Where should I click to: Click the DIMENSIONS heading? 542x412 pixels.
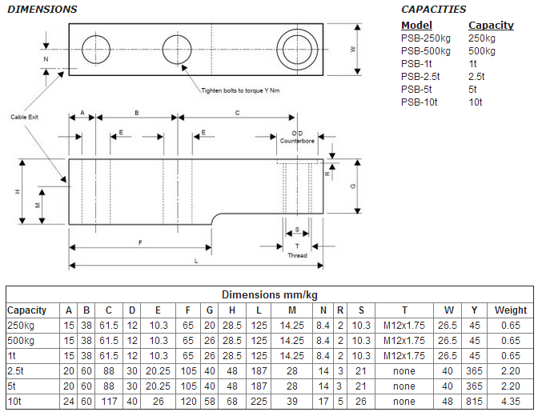(42, 10)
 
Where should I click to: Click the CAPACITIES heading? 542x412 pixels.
(433, 10)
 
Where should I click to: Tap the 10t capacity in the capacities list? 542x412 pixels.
(476, 102)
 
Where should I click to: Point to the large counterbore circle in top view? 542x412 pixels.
(294, 48)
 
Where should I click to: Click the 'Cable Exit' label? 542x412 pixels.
(24, 117)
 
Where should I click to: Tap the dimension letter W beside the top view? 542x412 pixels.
(353, 49)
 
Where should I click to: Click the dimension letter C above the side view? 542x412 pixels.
(237, 114)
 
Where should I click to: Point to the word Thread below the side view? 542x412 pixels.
(297, 255)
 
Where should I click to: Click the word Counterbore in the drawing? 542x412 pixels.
(297, 140)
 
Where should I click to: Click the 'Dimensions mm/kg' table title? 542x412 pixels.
(269, 294)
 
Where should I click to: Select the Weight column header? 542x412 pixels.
(511, 310)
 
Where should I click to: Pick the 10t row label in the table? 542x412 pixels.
(15, 402)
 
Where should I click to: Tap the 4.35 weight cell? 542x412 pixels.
(511, 402)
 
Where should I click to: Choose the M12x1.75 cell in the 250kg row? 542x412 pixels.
(404, 326)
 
